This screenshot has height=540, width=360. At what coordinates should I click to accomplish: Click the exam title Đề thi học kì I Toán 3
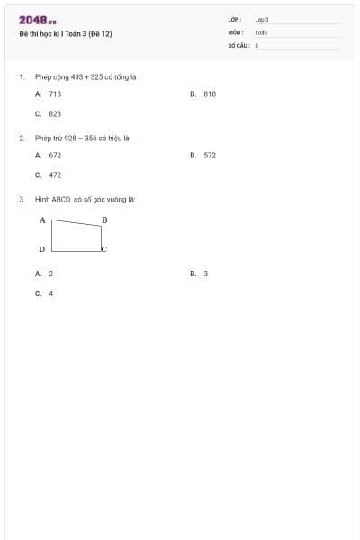coord(66,33)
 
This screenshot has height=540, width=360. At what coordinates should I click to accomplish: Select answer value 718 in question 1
coord(55,94)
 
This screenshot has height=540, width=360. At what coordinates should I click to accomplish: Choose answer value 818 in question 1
coord(210,94)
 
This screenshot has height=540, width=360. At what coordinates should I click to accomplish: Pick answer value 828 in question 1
coord(55,114)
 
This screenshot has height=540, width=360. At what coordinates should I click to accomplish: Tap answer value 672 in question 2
coord(55,155)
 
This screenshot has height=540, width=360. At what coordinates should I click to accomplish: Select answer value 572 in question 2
coord(210,155)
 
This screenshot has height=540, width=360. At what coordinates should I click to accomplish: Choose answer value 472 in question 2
coord(55,175)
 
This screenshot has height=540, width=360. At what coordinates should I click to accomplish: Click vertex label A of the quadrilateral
coord(42,220)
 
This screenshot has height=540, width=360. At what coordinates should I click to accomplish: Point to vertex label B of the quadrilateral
coord(104,220)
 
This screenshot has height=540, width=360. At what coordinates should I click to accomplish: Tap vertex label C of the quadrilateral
coord(103,248)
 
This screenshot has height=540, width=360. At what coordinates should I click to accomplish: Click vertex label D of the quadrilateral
coord(42,248)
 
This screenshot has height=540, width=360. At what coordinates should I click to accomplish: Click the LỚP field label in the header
coord(234,19)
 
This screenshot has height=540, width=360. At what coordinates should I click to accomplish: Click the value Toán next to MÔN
coord(261,31)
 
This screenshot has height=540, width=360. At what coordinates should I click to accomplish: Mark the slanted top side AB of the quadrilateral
coord(76,223)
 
